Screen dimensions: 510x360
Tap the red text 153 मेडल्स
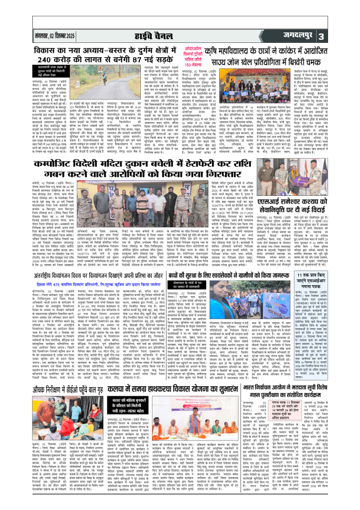click(x=197, y=64)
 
